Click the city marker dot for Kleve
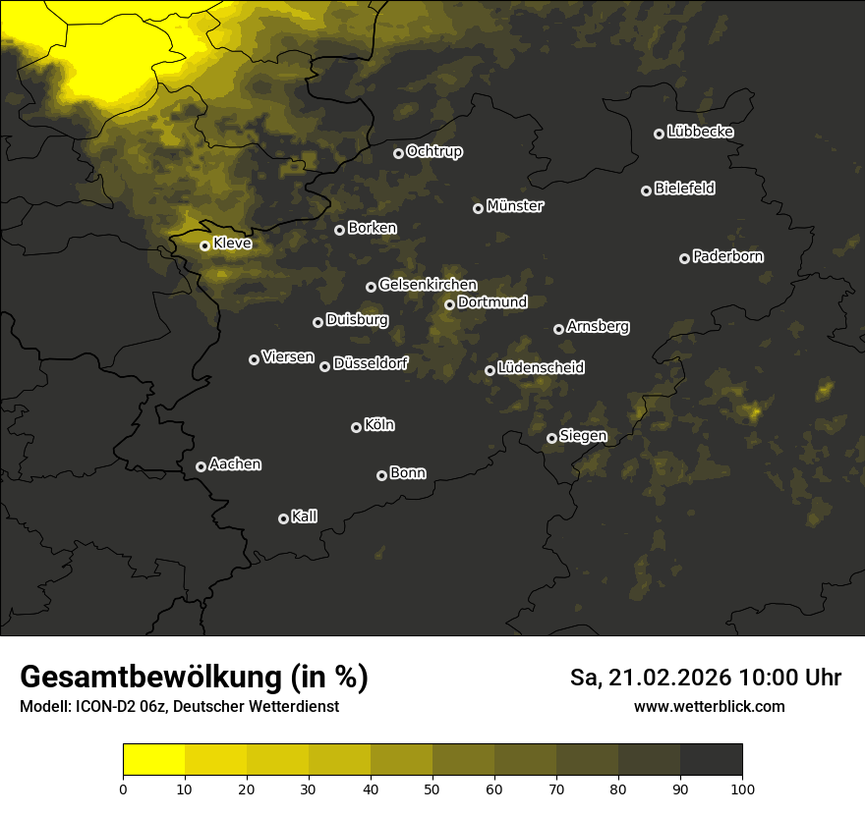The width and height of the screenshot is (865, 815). (x=204, y=245)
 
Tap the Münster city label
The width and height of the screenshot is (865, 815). (x=514, y=206)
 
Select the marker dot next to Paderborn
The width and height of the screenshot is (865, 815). (x=684, y=258)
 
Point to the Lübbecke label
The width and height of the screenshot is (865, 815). (x=700, y=132)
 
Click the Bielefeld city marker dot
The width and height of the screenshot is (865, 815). (x=646, y=190)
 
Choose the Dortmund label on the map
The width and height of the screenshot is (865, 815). (x=492, y=302)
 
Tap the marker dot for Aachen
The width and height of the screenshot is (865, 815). (x=201, y=466)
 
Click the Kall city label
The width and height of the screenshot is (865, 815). (x=305, y=516)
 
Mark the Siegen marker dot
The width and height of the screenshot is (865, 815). (x=551, y=438)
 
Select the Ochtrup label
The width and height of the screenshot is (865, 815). (x=433, y=151)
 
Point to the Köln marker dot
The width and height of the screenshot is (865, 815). (x=356, y=427)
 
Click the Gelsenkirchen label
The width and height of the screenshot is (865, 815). (x=428, y=285)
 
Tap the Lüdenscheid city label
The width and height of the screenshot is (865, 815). (x=541, y=368)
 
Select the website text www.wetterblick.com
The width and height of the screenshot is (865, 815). (x=709, y=706)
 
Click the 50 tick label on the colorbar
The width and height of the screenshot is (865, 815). (x=432, y=788)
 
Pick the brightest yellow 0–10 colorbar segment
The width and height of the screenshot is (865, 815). (x=154, y=760)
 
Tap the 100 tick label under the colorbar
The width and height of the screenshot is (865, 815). (x=742, y=788)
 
